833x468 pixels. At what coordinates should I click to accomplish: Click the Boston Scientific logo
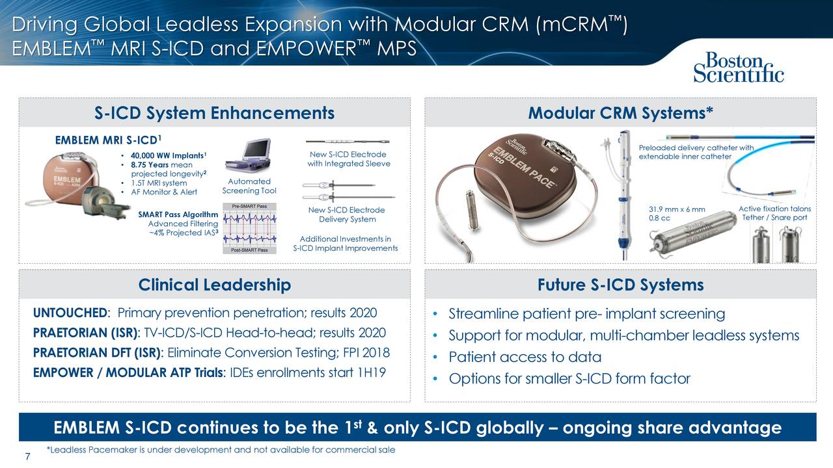click(x=738, y=68)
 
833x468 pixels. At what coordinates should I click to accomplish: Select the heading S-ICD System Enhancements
click(x=214, y=113)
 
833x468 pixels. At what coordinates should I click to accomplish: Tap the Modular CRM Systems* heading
click(x=620, y=113)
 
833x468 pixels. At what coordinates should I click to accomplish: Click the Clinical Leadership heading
click(x=214, y=285)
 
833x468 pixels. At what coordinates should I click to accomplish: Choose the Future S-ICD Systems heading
click(x=620, y=285)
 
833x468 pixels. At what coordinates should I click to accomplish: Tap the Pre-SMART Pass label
click(x=249, y=206)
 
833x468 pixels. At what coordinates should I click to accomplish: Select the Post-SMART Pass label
click(x=249, y=250)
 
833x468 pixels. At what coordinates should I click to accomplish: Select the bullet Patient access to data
click(x=525, y=357)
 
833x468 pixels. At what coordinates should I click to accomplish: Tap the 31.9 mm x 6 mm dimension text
click(x=677, y=209)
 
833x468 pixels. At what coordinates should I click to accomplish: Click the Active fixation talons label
click(x=774, y=209)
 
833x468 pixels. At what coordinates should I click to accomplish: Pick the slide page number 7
click(x=27, y=456)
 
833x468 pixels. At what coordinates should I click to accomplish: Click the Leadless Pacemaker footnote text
click(x=221, y=450)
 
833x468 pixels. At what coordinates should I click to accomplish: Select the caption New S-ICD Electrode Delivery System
click(x=347, y=214)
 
